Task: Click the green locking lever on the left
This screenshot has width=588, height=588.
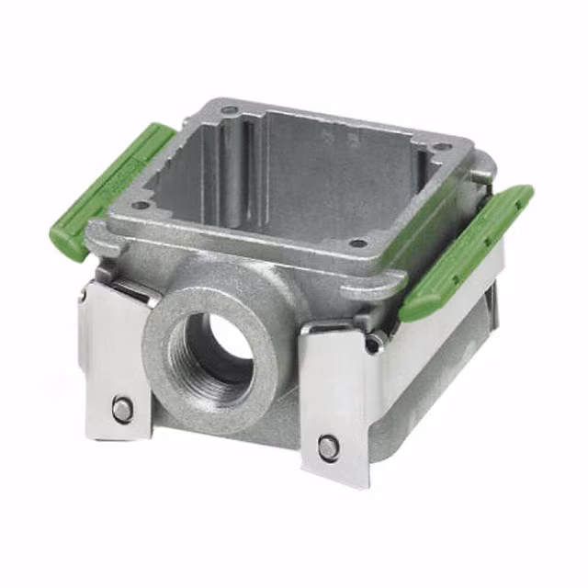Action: [110, 188]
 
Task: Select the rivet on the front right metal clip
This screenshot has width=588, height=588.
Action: [328, 447]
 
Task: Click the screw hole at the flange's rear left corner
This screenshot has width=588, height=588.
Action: [230, 111]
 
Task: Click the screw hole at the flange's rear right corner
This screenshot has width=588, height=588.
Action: [442, 147]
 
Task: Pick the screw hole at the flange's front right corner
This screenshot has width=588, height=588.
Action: [359, 243]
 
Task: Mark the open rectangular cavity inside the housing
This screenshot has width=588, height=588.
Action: [303, 184]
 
